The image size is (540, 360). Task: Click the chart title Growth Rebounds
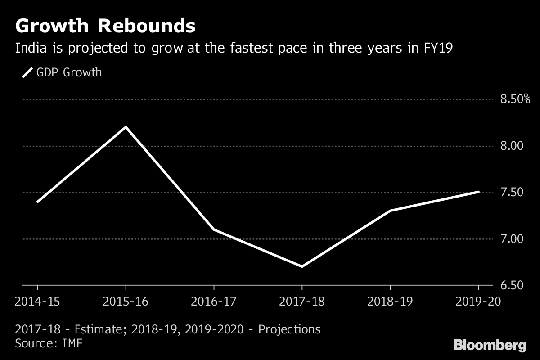[x=105, y=26]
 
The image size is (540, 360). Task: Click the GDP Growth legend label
[x=70, y=72]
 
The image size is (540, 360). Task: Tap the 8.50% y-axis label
[x=515, y=99]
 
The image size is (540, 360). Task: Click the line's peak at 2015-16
[x=126, y=127]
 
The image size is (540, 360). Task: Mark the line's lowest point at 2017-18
[x=301, y=266]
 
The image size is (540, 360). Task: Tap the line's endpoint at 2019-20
[x=478, y=192]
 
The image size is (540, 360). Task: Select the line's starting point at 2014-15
[x=37, y=202]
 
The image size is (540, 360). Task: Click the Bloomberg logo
[x=490, y=345]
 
